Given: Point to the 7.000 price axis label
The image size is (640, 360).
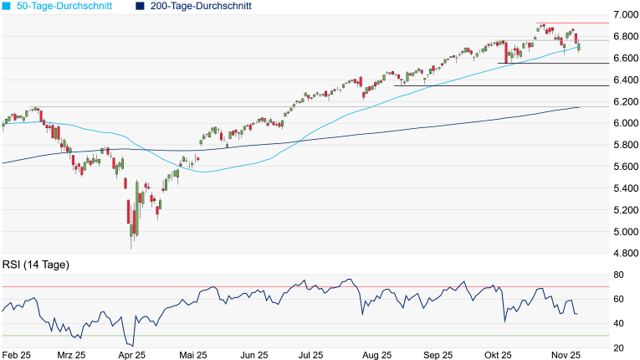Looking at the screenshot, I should pyautogui.click(x=623, y=15).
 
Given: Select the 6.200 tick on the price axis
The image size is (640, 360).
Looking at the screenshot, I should pyautogui.click(x=623, y=101).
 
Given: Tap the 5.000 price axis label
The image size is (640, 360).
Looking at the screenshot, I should pyautogui.click(x=623, y=232).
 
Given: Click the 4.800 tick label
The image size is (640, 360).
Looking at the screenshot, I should pyautogui.click(x=623, y=254).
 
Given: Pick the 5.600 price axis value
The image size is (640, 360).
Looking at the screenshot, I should pyautogui.click(x=623, y=167).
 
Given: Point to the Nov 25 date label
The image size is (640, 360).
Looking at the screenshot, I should pyautogui.click(x=569, y=355).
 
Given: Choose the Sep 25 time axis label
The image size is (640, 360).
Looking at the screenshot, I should pyautogui.click(x=436, y=355).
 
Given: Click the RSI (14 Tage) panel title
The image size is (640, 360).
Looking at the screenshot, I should pyautogui.click(x=34, y=265).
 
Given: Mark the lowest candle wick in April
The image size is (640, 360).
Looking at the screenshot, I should pyautogui.click(x=131, y=249).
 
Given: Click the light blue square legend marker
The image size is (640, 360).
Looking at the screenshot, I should pyautogui.click(x=8, y=6).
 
